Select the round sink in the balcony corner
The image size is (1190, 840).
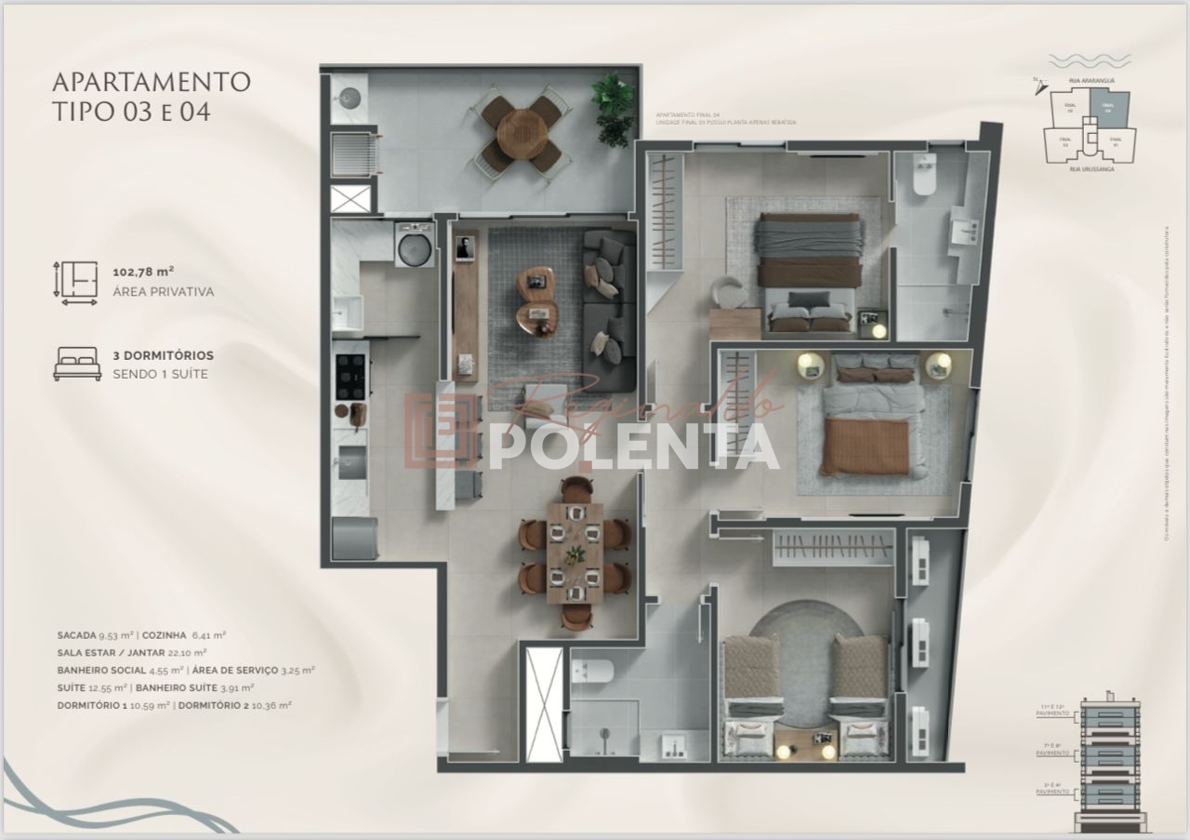(x=350, y=96)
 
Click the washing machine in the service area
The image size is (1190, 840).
(x=415, y=246)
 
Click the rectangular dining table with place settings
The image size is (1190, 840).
(x=575, y=553)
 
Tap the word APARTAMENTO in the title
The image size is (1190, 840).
(x=152, y=82)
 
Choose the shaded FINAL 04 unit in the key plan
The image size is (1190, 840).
(x=1109, y=108)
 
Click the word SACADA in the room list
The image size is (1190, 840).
(x=76, y=635)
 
